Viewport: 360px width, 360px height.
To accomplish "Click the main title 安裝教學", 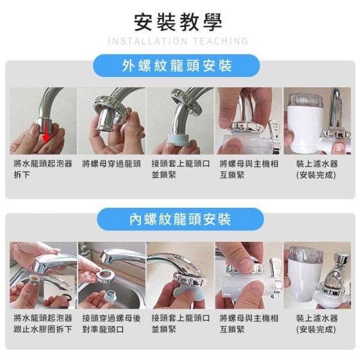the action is coord(178,22).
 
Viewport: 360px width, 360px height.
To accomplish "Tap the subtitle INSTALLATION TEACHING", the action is coord(178,41).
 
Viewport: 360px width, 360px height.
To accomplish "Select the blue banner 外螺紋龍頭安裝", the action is coord(176,66).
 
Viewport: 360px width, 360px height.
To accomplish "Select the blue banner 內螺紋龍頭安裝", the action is coord(180,219).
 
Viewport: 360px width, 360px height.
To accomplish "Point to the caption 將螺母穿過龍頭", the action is coord(112,164).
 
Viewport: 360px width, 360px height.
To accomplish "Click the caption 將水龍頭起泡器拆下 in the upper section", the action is coord(43,170).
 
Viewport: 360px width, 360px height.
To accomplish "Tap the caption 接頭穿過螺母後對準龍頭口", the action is coord(112,324).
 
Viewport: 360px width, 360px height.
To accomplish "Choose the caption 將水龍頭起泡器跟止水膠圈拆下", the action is coord(43,324).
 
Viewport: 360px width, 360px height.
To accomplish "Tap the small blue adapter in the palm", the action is coord(110,296).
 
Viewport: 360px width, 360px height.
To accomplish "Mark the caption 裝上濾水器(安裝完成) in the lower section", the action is coord(316,324).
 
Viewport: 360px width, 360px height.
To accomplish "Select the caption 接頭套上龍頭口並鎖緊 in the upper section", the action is coord(180,170).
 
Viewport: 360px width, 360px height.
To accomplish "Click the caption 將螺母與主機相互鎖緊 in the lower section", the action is coord(249,324).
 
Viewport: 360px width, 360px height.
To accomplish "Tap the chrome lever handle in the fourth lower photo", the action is coord(276,275).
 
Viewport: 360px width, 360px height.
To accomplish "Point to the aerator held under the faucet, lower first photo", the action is coord(34,281).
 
